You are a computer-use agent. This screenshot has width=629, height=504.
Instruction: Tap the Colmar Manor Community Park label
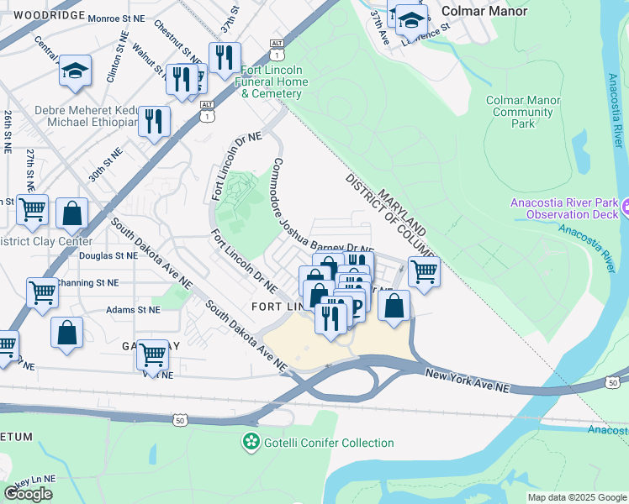click(x=523, y=112)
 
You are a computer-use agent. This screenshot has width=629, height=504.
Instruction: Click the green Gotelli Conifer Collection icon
click(x=250, y=442)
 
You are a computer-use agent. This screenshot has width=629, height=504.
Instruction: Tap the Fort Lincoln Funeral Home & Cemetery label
click(x=274, y=81)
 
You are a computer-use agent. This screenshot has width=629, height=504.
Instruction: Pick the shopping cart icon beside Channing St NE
click(x=42, y=293)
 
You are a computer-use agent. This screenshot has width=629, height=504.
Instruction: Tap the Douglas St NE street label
click(x=108, y=255)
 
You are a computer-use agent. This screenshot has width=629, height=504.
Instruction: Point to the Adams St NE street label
click(x=133, y=309)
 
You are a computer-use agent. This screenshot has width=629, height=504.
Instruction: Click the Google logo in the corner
click(x=29, y=493)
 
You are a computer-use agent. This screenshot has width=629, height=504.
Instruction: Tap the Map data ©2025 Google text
click(x=576, y=497)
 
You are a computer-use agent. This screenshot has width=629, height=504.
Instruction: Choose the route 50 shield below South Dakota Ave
click(x=178, y=418)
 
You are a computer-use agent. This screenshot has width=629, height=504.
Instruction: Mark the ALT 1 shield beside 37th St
click(x=277, y=47)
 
